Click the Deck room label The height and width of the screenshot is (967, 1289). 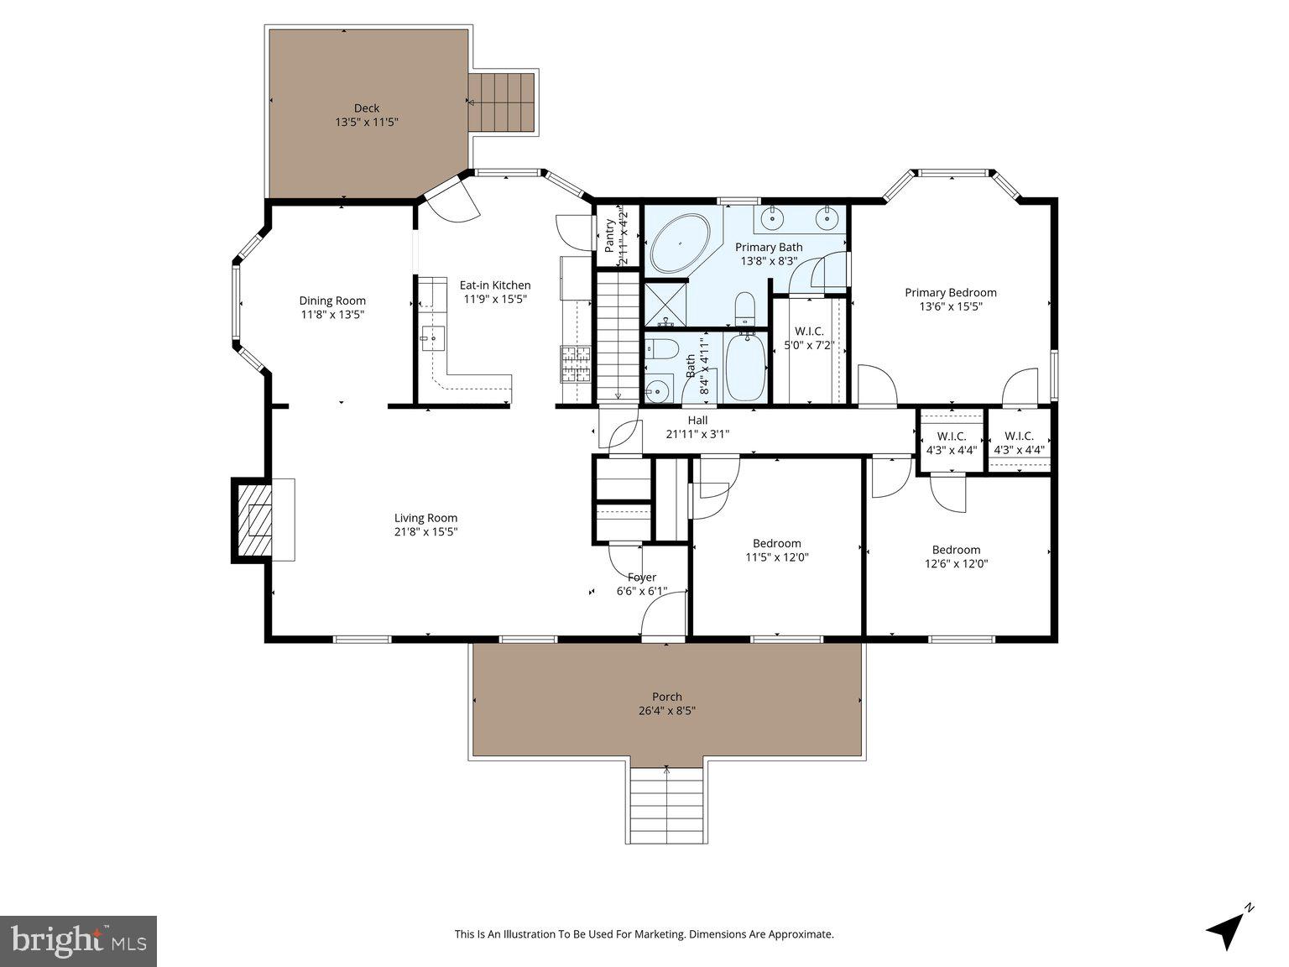[366, 108]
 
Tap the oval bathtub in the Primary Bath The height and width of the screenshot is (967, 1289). [680, 243]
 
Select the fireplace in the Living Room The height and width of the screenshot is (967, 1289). [252, 520]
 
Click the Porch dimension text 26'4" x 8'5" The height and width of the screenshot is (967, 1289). [667, 710]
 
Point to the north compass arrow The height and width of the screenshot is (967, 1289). [1228, 928]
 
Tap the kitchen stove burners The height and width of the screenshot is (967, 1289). [576, 363]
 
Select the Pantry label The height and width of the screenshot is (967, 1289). [610, 236]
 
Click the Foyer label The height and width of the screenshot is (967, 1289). [642, 578]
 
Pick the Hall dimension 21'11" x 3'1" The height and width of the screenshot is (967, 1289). [697, 434]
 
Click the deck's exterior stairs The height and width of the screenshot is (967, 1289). [502, 102]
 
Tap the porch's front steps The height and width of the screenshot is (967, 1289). [667, 806]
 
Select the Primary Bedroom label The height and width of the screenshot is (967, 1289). [950, 293]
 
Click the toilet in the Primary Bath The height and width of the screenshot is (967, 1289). [745, 310]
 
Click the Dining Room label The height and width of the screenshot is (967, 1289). [332, 301]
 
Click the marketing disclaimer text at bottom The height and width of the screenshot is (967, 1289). [644, 933]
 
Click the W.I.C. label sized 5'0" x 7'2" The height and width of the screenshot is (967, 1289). [809, 332]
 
